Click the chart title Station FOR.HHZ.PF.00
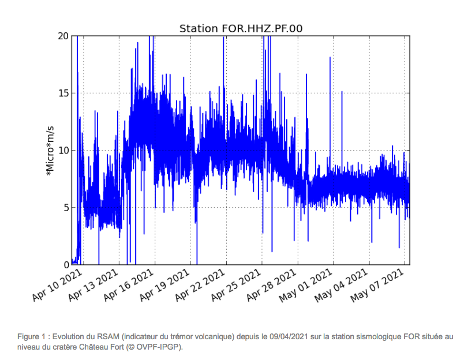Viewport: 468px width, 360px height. (x=241, y=29)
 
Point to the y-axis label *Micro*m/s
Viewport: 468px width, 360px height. (x=50, y=151)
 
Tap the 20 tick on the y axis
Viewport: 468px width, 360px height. (x=63, y=36)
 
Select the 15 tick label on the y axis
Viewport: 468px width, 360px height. (x=63, y=93)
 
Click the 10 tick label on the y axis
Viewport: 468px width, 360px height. (x=63, y=151)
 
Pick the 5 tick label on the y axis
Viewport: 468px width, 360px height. (x=66, y=208)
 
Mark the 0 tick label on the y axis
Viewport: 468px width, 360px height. (x=66, y=265)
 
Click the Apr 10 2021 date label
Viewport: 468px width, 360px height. (x=57, y=285)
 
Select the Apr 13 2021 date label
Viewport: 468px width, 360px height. (x=93, y=285)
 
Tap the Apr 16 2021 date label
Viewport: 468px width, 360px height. (x=129, y=285)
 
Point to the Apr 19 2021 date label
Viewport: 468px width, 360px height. (x=164, y=285)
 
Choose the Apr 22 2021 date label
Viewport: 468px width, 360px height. (x=200, y=285)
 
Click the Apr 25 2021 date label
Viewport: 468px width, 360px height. (x=236, y=285)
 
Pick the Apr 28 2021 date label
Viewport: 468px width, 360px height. (x=272, y=285)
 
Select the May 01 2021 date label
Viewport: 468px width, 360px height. (x=306, y=286)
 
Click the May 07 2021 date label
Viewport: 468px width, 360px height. (x=378, y=286)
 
